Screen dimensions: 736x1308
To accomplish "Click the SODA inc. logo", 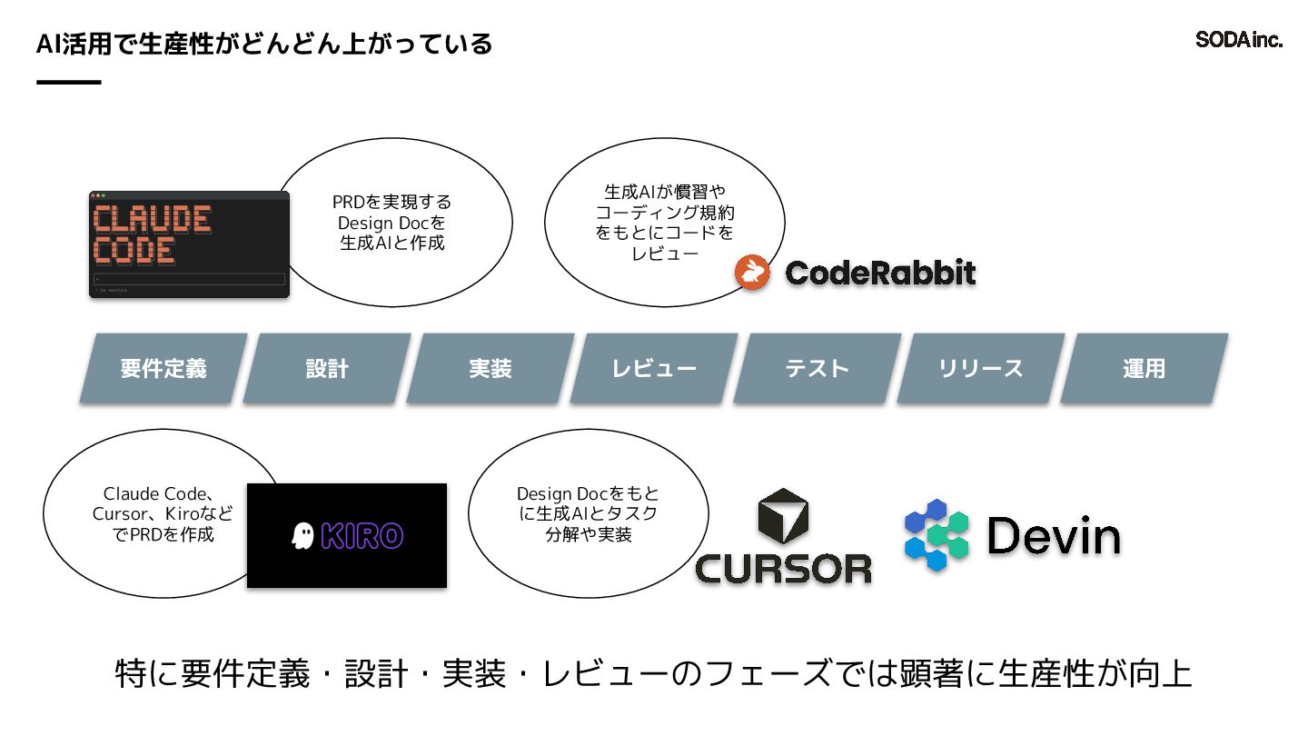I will pos(1238,40).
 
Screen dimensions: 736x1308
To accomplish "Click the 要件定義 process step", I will pos(163,368).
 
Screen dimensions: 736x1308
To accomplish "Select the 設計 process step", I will pos(327,368).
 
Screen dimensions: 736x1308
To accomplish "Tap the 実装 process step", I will pos(490,368).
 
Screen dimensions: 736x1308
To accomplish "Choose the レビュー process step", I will pos(654,368).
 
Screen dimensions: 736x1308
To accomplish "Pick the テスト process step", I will pos(817,368).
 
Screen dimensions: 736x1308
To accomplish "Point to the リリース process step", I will pos(981,368).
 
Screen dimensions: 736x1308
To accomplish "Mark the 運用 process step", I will pos(1144,368).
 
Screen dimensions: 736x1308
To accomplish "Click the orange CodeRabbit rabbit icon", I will pos(752,273).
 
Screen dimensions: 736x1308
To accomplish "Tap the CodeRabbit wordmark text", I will pos(880,273).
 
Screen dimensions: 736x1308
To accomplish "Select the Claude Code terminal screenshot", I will pos(189,244).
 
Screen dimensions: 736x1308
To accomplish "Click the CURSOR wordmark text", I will pos(783,569).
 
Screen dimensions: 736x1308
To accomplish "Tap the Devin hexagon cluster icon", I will pos(936,534).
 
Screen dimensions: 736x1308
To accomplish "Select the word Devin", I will pos(1054,536).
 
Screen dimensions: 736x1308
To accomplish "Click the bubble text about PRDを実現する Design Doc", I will pos(392,223).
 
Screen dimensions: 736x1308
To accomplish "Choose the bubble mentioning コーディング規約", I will pos(665,223).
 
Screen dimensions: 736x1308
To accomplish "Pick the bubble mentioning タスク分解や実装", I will pos(588,514).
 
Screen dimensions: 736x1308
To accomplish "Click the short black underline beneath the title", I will pos(68,83).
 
